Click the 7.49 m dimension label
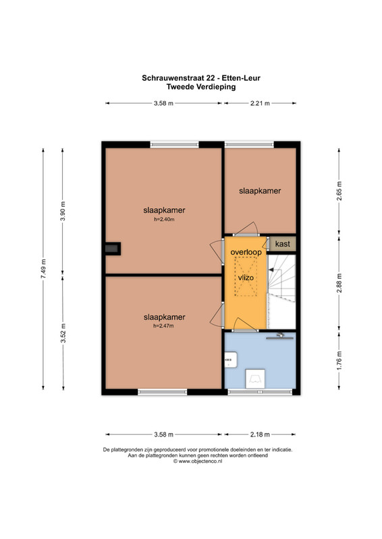pyautogui.click(x=43, y=269)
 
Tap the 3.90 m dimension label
pyautogui.click(x=63, y=211)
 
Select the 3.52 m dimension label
pyautogui.click(x=63, y=333)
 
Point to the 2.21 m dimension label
pyautogui.click(x=260, y=103)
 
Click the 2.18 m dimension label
pyautogui.click(x=260, y=435)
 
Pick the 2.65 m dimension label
pyautogui.click(x=339, y=191)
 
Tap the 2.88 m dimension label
pyautogui.click(x=339, y=283)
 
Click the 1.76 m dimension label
pyautogui.click(x=339, y=360)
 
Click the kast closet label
pyautogui.click(x=283, y=244)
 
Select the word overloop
pyautogui.click(x=246, y=252)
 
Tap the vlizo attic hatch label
pyautogui.click(x=246, y=278)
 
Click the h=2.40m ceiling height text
pyautogui.click(x=164, y=220)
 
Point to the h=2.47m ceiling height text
pyautogui.click(x=163, y=326)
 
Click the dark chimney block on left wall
pyautogui.click(x=113, y=249)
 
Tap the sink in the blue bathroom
pyautogui.click(x=231, y=360)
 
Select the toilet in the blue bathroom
pyautogui.click(x=255, y=379)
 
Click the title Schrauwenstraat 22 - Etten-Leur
pyautogui.click(x=201, y=77)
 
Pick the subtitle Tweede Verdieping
pyautogui.click(x=201, y=87)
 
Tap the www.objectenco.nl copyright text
pyautogui.click(x=198, y=462)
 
